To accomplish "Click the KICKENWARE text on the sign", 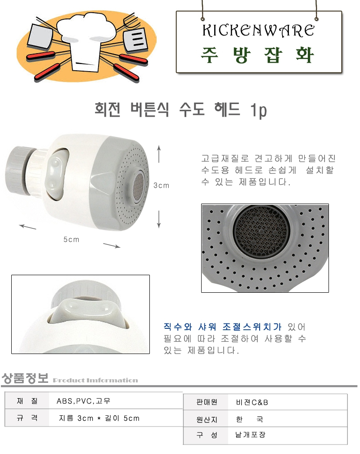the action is point(258,31).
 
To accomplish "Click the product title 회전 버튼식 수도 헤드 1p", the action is point(180,110).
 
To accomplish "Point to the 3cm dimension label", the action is point(161,185).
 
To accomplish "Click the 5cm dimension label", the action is point(72,240).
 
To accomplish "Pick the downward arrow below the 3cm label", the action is point(159,219).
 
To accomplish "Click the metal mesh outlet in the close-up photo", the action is point(261,230).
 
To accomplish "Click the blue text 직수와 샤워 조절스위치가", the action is point(222,327).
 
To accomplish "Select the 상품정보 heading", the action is point(25,378).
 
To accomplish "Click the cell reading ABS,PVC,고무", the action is point(83,401).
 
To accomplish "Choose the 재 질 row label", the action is point(27,401).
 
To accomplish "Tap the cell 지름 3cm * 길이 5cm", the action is point(99,418).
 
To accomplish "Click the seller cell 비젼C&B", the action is point(252,402).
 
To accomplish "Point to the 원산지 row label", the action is point(207,419).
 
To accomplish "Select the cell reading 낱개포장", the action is point(250,435).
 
